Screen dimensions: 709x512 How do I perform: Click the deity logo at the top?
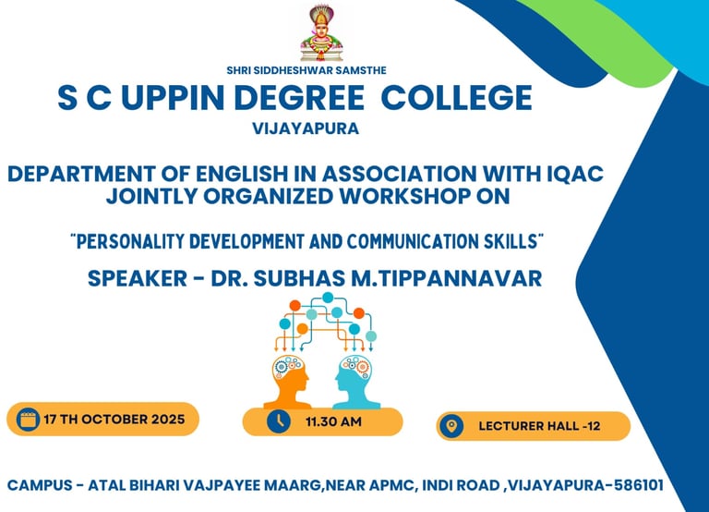[321, 33]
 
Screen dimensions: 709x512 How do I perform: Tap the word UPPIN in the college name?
[174, 98]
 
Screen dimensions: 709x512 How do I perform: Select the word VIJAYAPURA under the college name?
[306, 128]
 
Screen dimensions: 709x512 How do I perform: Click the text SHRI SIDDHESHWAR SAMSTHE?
[306, 70]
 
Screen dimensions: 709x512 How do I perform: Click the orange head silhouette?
[289, 382]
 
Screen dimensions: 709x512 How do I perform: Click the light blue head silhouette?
[355, 382]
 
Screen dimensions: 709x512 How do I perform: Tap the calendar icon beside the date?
[28, 420]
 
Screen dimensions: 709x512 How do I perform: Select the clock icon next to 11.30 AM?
[279, 421]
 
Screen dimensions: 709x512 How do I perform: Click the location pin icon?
[451, 426]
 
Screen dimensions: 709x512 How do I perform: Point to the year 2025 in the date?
[168, 420]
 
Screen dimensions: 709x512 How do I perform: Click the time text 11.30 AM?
[333, 422]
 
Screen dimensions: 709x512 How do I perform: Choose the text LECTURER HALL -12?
[539, 426]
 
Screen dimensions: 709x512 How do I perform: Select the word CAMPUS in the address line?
[40, 485]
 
